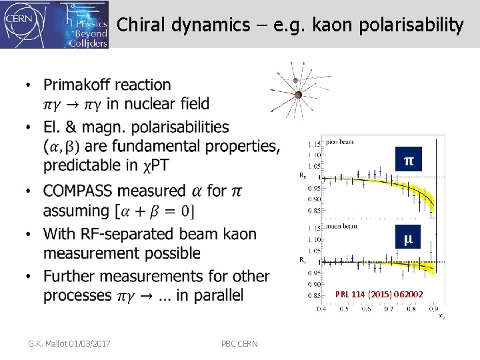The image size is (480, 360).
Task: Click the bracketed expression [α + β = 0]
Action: (155, 211)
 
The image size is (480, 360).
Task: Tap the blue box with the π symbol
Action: (408, 160)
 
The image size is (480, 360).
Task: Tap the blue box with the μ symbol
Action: (408, 237)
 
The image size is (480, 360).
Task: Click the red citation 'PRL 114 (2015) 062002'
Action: (378, 293)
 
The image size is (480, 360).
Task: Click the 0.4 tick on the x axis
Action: (321, 309)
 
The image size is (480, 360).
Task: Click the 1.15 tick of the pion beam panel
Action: (313, 143)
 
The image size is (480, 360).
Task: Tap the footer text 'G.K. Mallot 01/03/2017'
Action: (69, 343)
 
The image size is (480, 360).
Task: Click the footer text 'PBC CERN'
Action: (241, 343)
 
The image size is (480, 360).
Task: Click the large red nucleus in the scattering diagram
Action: (298, 95)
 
